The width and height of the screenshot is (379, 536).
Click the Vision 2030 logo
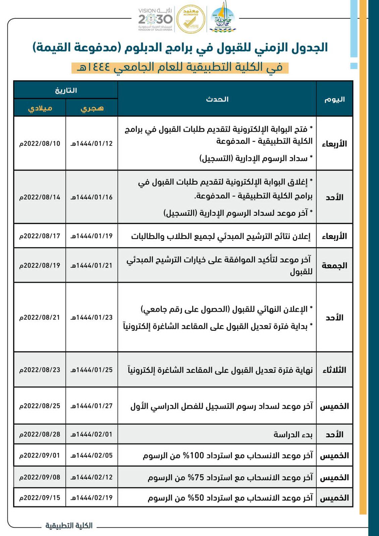pos(155,20)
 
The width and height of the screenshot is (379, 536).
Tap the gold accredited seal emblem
pos(191,19)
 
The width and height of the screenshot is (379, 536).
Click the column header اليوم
pos(334,99)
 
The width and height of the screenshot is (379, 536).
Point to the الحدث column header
pos(217,99)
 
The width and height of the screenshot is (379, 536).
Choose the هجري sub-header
pos(92,108)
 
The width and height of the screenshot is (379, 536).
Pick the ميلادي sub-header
pos(40,108)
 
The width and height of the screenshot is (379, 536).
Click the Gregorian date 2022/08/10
pos(40,143)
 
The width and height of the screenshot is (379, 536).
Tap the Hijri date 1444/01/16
pos(92,197)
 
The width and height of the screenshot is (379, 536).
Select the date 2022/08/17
pos(40,236)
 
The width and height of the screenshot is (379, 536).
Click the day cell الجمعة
pos(334,266)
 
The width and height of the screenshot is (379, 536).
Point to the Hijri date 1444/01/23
pos(92,317)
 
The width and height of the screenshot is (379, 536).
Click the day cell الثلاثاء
pos(334,370)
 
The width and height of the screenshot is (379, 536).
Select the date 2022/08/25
pos(40,406)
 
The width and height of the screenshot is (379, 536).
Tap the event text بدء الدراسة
pos(293,434)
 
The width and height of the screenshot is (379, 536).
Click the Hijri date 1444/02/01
pos(92,434)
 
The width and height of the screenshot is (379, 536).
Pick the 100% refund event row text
pos(228,456)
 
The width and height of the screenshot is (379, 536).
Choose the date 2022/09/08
pos(40,477)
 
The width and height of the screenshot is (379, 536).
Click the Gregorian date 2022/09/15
pos(40,497)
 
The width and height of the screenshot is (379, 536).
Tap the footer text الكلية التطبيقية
pos(69,525)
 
